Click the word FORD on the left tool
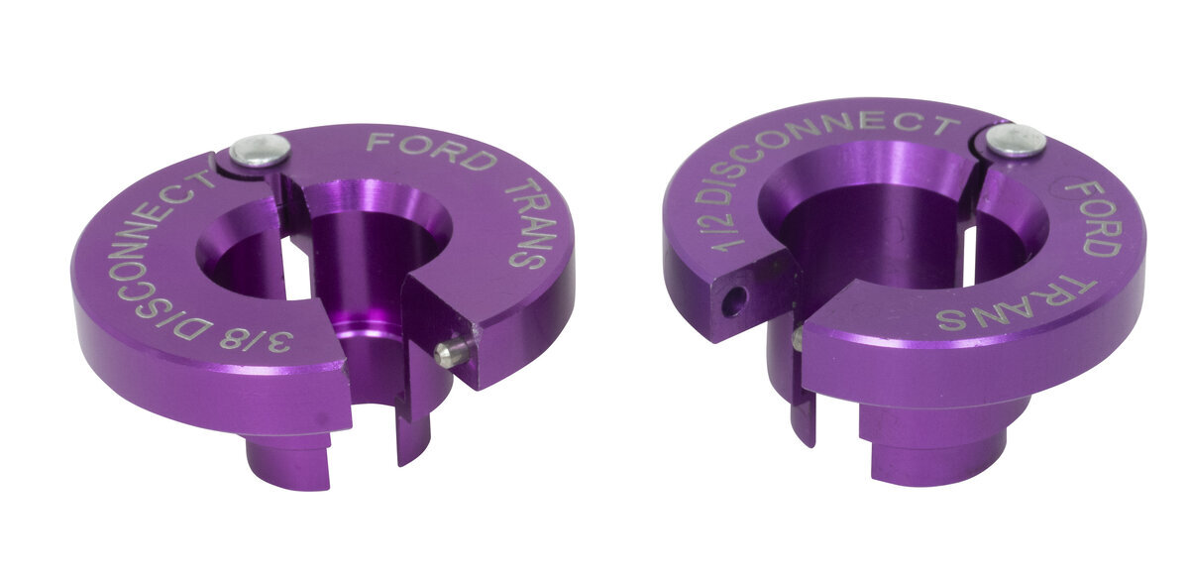tap(430, 152)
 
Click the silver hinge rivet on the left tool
tap(260, 151)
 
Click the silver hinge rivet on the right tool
tap(1016, 140)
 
